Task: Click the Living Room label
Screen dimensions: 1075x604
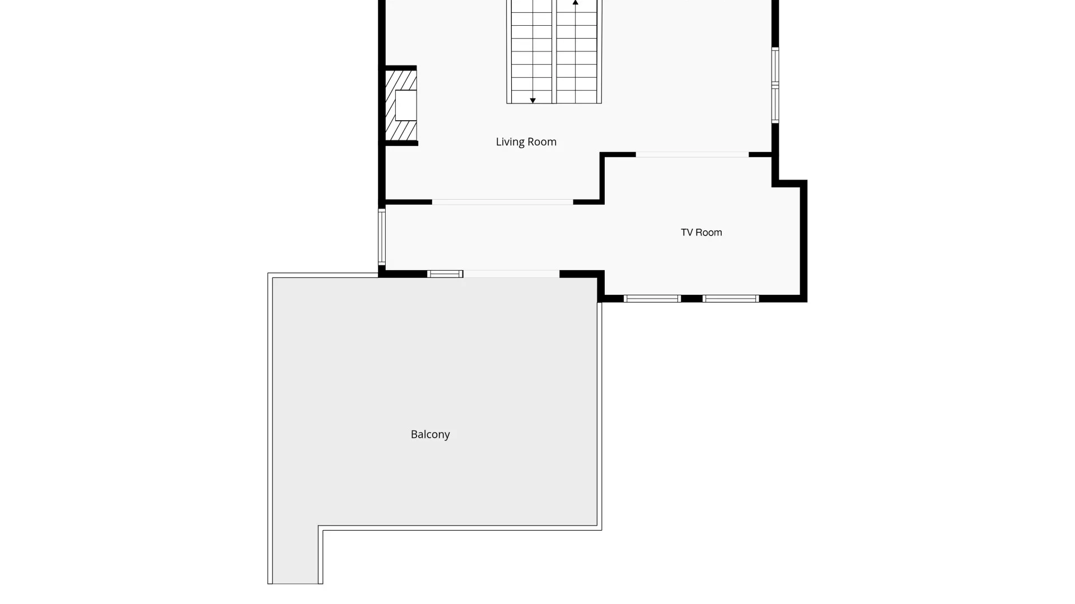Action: tap(526, 142)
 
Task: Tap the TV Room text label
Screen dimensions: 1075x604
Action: tap(701, 233)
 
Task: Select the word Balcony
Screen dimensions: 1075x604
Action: tap(430, 435)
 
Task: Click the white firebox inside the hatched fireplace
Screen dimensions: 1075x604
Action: tap(406, 105)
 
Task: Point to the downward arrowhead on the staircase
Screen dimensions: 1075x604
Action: tap(532, 101)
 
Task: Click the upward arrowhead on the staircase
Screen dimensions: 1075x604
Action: tap(575, 3)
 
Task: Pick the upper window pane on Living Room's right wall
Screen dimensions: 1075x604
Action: tap(775, 65)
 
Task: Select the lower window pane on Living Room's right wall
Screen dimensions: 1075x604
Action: tap(775, 105)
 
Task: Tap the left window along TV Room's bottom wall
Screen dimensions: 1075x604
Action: tap(652, 299)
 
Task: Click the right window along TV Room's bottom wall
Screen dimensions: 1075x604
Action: tap(731, 299)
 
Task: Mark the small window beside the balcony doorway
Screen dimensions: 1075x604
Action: tap(445, 274)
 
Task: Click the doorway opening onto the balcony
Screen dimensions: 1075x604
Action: tap(511, 274)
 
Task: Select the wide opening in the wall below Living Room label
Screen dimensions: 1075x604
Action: tap(502, 202)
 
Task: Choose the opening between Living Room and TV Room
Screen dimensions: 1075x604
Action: tap(692, 154)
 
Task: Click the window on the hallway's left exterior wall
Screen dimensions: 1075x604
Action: tap(382, 236)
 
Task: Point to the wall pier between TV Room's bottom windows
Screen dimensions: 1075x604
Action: tap(691, 299)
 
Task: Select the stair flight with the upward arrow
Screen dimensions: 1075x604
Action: tap(577, 51)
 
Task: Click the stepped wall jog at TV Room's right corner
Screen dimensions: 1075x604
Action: tap(790, 183)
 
